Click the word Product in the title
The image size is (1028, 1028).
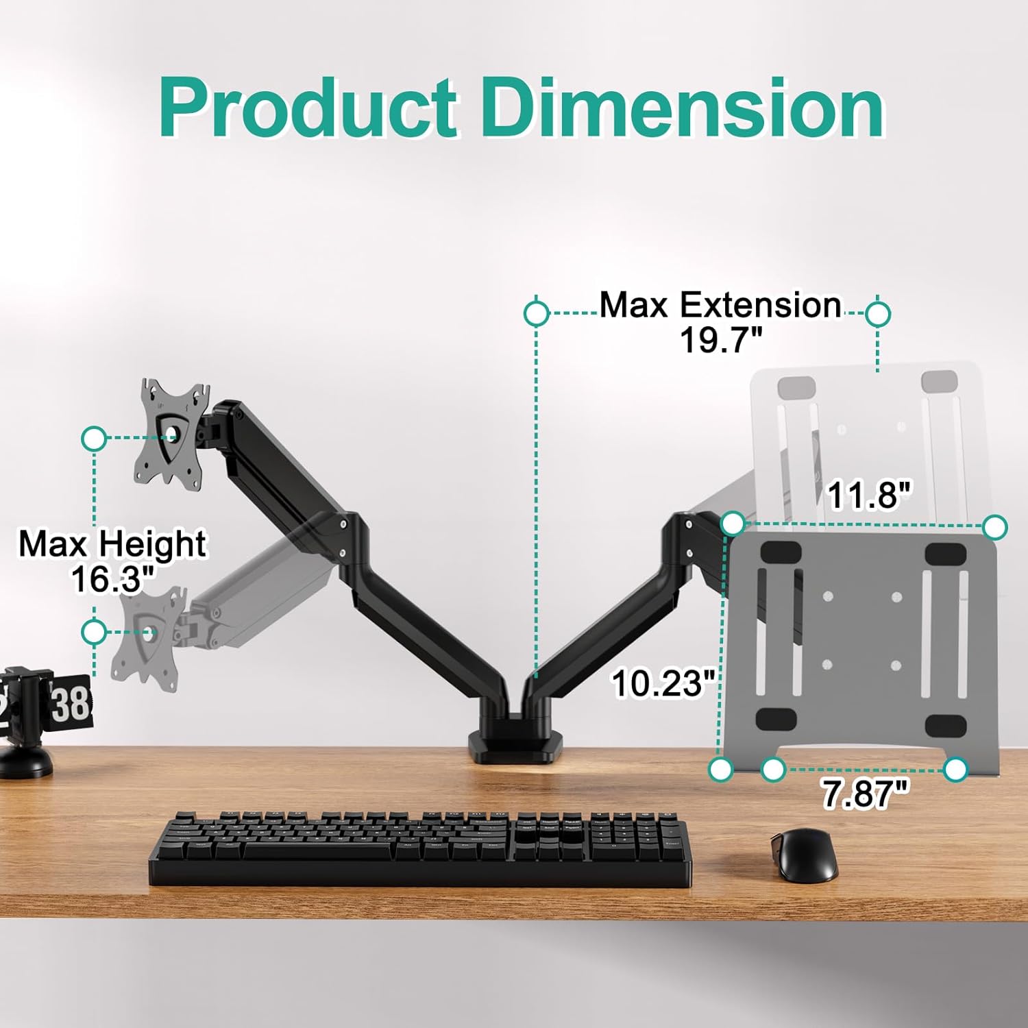[308, 108]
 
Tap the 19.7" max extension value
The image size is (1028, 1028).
[721, 339]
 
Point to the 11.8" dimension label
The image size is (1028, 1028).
[870, 495]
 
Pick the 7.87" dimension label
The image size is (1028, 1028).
[866, 794]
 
